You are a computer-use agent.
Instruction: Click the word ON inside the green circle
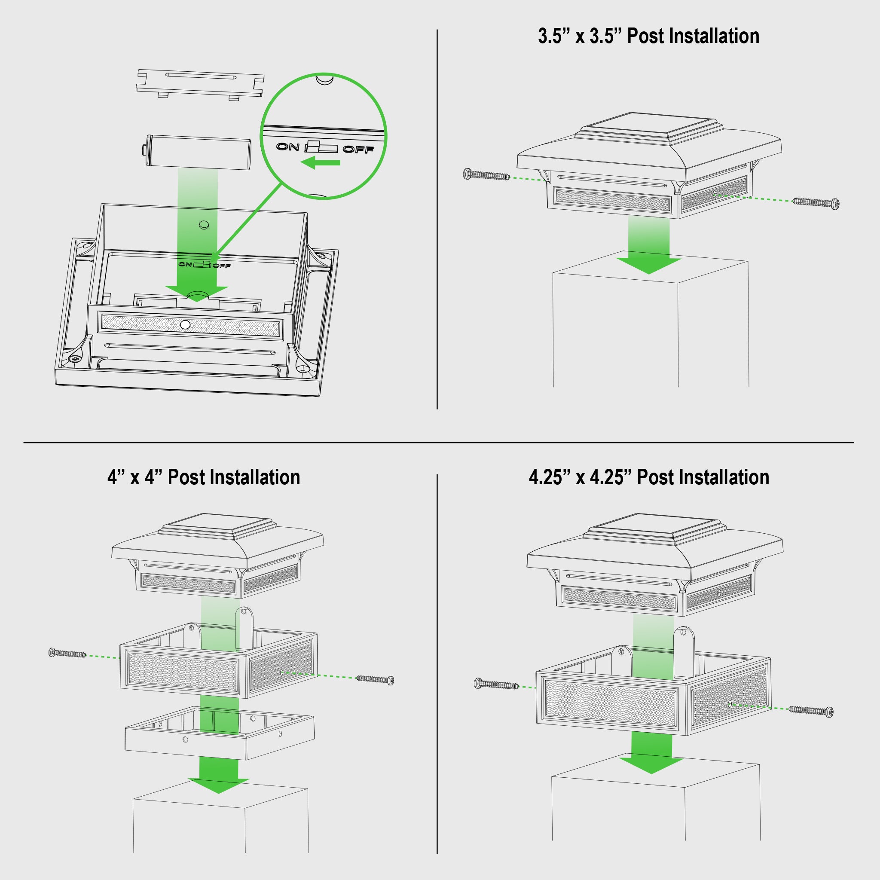pyautogui.click(x=288, y=147)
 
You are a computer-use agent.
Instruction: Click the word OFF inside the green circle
pyautogui.click(x=358, y=150)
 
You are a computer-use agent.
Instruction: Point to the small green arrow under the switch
pyautogui.click(x=321, y=162)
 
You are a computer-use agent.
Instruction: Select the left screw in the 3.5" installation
pyautogui.click(x=486, y=174)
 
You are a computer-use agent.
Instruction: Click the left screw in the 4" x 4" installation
pyautogui.click(x=67, y=653)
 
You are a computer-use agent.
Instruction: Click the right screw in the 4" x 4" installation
pyautogui.click(x=375, y=680)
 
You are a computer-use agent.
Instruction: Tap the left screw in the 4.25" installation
pyautogui.click(x=496, y=684)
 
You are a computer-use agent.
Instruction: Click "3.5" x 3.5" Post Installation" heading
pyautogui.click(x=648, y=37)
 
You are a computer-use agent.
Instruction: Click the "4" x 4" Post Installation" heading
pyautogui.click(x=204, y=477)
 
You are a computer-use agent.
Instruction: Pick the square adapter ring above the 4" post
pyautogui.click(x=220, y=733)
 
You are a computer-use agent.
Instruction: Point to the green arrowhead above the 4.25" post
pyautogui.click(x=651, y=765)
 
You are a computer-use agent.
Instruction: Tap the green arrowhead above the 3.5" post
pyautogui.click(x=648, y=266)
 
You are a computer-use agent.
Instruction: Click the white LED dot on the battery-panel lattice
pyautogui.click(x=185, y=325)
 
